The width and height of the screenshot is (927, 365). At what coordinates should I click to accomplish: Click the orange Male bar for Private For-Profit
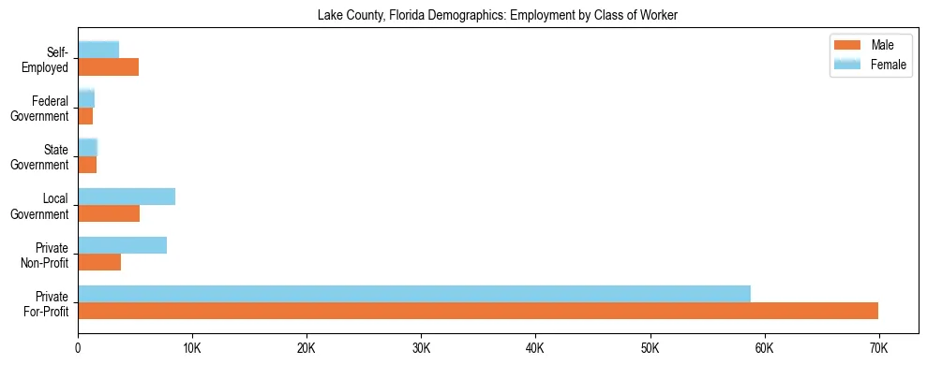pos(478,311)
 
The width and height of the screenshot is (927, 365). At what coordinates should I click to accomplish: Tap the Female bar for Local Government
pos(127,197)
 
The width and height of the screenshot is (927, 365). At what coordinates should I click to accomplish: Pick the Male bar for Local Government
pos(109,213)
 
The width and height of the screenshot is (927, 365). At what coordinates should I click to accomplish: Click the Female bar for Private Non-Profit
pos(123,245)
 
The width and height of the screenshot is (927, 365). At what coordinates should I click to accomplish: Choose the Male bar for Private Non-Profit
pos(99,262)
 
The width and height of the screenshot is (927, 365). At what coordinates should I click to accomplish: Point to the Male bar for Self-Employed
pos(109,67)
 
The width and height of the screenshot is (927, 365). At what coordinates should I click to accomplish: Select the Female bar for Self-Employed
pos(98,51)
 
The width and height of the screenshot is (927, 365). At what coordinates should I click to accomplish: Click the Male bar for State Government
pos(87,165)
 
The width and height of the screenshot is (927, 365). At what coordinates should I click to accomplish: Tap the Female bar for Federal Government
pos(86,99)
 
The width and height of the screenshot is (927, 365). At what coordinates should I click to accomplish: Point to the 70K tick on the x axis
pos(878,348)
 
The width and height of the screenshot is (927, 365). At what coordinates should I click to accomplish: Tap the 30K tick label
pos(421,348)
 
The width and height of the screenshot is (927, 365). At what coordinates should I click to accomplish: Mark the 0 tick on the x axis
pos(79,348)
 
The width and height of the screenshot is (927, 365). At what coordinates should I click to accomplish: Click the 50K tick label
pos(650,348)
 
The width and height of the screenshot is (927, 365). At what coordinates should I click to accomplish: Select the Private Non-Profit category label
pos(46,255)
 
